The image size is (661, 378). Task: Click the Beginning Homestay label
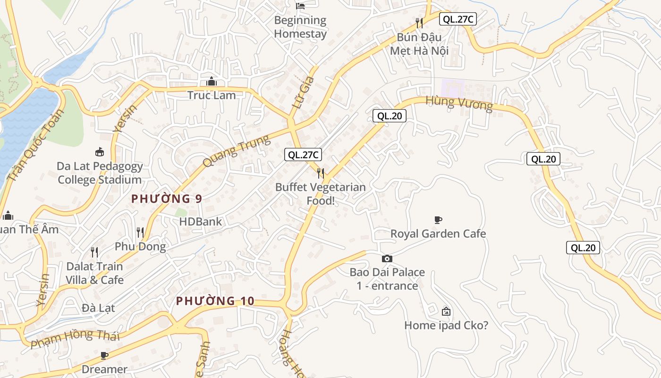(300, 27)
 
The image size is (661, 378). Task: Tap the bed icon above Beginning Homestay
(300, 6)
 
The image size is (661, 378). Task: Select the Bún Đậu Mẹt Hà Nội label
(419, 43)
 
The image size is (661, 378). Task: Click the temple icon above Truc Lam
(212, 82)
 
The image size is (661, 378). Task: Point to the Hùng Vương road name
(459, 103)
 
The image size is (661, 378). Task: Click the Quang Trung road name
(236, 151)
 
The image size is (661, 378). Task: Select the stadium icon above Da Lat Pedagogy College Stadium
(100, 152)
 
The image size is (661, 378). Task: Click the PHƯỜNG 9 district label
(167, 199)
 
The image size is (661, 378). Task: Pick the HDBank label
(200, 221)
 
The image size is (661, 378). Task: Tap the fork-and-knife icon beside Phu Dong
(140, 232)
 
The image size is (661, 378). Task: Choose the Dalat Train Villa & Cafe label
(94, 273)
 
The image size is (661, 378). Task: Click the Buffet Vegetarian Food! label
(321, 194)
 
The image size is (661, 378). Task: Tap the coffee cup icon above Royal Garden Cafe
(438, 220)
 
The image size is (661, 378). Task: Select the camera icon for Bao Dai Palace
(387, 258)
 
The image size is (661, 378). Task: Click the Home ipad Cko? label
(446, 325)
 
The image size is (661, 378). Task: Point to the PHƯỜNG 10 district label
(215, 301)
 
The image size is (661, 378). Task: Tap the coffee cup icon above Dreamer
(104, 355)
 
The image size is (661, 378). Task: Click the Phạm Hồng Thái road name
(75, 339)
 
